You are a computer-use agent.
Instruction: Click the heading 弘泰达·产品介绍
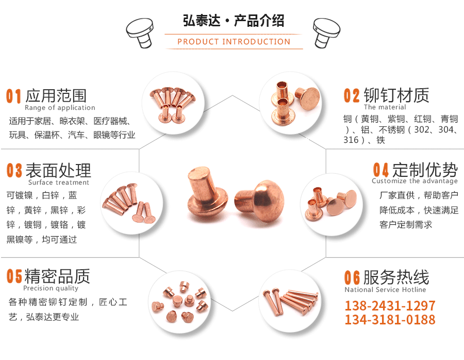pos(234,21)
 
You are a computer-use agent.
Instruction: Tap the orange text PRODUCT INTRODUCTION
pos(234,42)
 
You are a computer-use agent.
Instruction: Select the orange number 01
pos(13,96)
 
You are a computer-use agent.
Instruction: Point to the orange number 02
pos(352,95)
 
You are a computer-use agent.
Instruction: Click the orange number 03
pos(14,171)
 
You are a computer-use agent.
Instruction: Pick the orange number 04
pos(380,170)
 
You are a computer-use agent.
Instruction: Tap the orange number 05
pos(14,276)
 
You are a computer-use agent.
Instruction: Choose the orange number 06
pos(352,277)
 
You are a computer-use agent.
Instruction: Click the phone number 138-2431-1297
pos(390,305)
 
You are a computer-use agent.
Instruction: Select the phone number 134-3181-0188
pos(390,319)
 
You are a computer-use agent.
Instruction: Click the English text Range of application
pos(60,108)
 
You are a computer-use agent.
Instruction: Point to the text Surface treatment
pos(59,183)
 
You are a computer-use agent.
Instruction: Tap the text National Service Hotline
pos(385,289)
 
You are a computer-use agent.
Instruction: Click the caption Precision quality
pos(51,288)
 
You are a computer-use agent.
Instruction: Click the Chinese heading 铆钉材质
pos(396,95)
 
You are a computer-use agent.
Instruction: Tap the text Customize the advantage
pos(415,181)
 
